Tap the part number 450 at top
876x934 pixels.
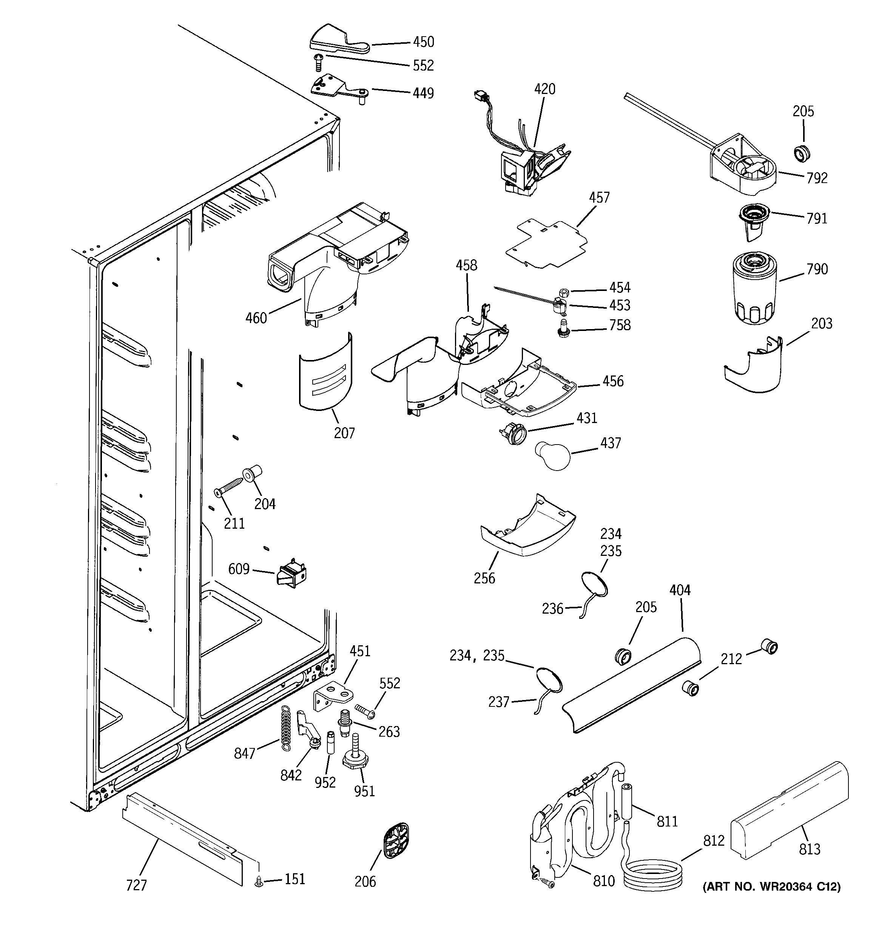pos(423,42)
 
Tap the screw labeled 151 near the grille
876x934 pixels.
pos(258,883)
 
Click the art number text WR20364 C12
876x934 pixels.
pos(771,886)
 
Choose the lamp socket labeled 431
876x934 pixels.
pos(514,433)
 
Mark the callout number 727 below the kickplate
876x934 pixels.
pos(136,886)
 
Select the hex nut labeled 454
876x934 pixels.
pos(565,292)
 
